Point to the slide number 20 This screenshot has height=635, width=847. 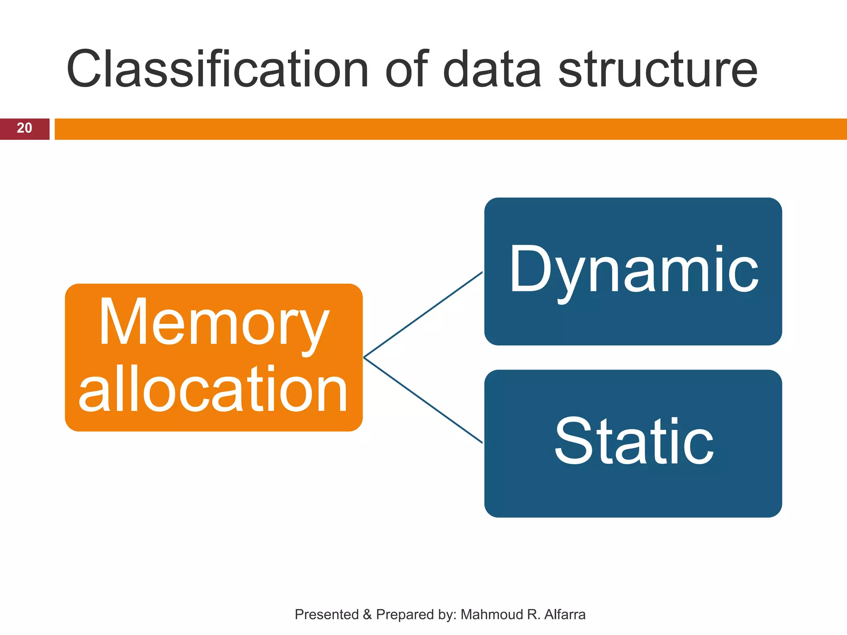point(24,129)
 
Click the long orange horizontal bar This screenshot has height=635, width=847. point(450,129)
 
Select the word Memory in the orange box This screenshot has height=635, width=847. point(214,322)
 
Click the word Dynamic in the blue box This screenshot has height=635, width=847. point(634,271)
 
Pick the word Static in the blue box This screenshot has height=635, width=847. point(634,442)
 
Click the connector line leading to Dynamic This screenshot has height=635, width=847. point(423,315)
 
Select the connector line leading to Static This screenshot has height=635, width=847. point(423,400)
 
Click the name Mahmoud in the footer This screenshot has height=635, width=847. point(492,615)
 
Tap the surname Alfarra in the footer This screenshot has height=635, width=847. point(565,615)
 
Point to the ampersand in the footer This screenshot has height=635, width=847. point(367,615)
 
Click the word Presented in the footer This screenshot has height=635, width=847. point(326,615)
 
